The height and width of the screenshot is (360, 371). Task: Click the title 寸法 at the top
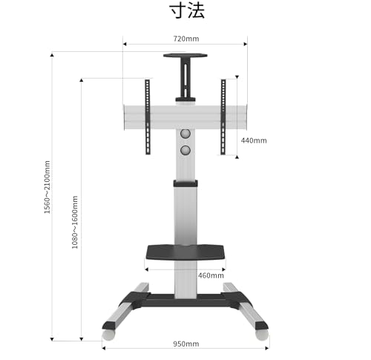click(187, 11)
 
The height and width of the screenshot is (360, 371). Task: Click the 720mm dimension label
click(186, 39)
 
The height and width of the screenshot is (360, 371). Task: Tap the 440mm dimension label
click(254, 140)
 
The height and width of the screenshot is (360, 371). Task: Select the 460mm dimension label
click(211, 275)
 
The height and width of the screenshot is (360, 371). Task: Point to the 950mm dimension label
click(186, 344)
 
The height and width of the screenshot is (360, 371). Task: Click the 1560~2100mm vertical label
click(47, 187)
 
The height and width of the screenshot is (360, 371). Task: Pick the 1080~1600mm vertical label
click(75, 222)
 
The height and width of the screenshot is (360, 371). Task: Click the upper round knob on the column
click(185, 134)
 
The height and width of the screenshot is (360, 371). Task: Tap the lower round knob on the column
click(185, 150)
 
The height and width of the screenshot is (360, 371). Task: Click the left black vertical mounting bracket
click(148, 117)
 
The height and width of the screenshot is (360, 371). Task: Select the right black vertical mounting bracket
click(223, 117)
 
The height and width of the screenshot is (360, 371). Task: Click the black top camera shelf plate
click(185, 55)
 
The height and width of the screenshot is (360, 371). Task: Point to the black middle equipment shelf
click(185, 252)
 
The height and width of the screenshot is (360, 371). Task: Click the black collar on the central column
click(185, 183)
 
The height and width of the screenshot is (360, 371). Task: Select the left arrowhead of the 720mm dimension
click(125, 44)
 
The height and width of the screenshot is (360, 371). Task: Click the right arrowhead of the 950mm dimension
click(267, 348)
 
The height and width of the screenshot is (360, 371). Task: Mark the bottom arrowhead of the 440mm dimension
click(237, 157)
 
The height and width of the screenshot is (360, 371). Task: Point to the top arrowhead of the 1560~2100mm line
click(52, 55)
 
